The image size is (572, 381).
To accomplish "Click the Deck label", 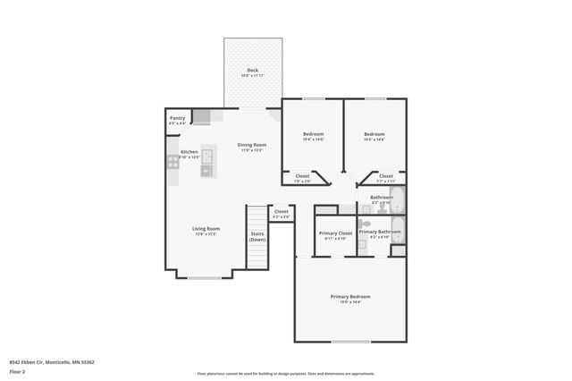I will click(252, 72).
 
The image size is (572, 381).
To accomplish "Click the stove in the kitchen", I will click(172, 162).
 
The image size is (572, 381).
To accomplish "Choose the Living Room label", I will click(206, 230).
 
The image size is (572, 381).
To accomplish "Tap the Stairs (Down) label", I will click(257, 238).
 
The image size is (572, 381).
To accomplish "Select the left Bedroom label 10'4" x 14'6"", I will click(312, 135).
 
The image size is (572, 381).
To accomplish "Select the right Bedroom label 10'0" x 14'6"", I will click(374, 135).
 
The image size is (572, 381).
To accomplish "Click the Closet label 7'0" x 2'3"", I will click(302, 177).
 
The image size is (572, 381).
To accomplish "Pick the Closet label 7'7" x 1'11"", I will click(385, 177).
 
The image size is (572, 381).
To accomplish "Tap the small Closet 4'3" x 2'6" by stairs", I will click(281, 213).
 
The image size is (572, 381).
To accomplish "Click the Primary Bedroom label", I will click(349, 298).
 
